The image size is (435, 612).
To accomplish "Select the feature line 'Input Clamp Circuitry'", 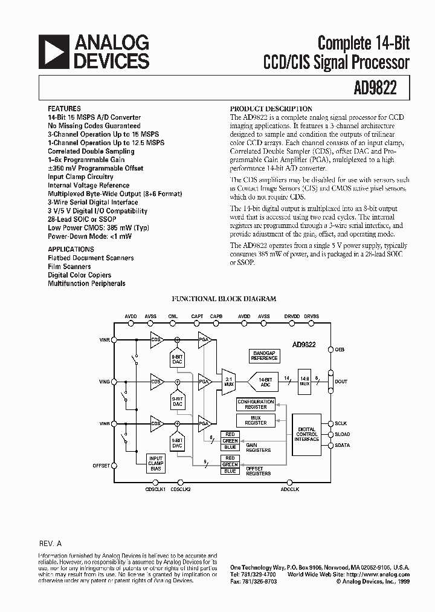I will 80,177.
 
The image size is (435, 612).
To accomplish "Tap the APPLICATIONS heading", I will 71,249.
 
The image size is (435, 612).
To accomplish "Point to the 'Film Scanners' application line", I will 69,267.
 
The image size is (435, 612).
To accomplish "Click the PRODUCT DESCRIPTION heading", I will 271,109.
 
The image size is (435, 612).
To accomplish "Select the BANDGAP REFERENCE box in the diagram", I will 265,356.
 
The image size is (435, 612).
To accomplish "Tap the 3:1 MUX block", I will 228,382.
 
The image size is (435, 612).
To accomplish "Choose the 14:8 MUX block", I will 304,382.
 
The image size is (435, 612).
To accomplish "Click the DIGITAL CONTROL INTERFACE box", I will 307,434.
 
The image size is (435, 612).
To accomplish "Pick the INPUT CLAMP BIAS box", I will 156,463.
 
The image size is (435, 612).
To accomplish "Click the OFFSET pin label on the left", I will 101,466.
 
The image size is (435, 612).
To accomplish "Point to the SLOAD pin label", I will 342,434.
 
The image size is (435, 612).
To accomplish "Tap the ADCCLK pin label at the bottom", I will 290,489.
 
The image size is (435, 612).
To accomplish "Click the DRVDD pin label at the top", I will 292,317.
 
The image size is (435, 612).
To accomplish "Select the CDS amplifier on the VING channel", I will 156,382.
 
